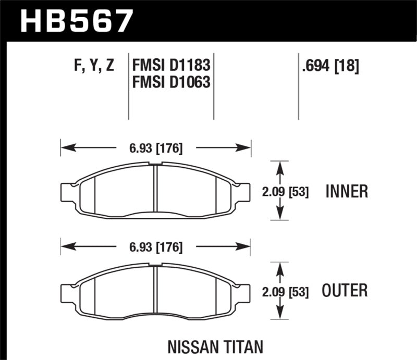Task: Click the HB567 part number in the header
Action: point(75,21)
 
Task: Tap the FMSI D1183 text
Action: point(171,66)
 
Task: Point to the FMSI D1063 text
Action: point(171,82)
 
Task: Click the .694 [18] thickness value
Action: point(330,66)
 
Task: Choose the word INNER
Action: point(347,192)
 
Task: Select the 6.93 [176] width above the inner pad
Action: point(155,148)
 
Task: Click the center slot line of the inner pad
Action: point(156,191)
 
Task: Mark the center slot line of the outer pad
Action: point(156,290)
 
